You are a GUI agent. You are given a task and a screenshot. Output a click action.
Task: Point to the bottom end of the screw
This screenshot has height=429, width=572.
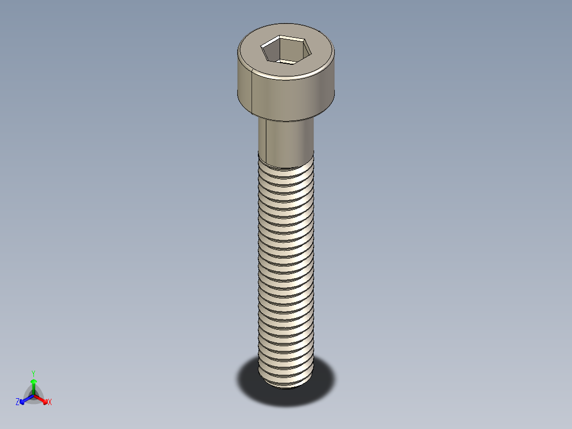coord(287,383)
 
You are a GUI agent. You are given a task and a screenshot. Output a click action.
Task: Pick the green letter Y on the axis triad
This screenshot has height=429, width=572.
coord(33,373)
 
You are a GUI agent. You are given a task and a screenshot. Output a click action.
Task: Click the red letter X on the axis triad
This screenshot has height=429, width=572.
coord(50,402)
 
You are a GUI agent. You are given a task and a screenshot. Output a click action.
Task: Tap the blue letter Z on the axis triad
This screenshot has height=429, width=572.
coord(18,402)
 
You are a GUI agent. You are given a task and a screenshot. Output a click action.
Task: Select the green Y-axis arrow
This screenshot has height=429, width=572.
coord(33,384)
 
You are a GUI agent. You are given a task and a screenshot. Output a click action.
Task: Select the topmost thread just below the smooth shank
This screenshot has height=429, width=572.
coord(287,169)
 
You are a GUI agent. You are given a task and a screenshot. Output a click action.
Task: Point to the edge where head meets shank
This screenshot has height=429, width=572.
coord(287,120)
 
